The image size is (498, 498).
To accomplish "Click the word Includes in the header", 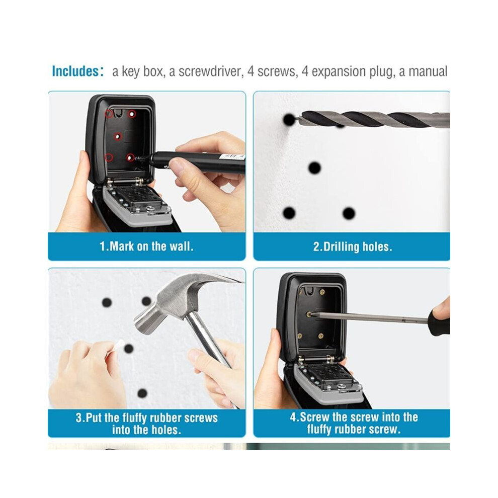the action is pos(75,71).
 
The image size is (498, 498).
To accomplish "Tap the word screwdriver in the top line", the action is pos(210,71).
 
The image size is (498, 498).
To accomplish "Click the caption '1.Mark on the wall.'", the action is pos(146,246).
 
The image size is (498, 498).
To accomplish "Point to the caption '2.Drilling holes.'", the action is pos(353,247).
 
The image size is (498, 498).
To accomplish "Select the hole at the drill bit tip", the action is pos(289,120).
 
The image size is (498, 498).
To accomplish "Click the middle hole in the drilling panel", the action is pos(314,168).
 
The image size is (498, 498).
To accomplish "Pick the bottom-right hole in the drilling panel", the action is pos(349,213).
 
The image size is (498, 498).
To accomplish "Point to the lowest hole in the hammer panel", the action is pos(142,393).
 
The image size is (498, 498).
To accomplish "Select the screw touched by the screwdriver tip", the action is pos(308,314).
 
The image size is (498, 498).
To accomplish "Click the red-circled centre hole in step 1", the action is pos(118,136).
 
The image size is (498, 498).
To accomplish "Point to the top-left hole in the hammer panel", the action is pos(107,302).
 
